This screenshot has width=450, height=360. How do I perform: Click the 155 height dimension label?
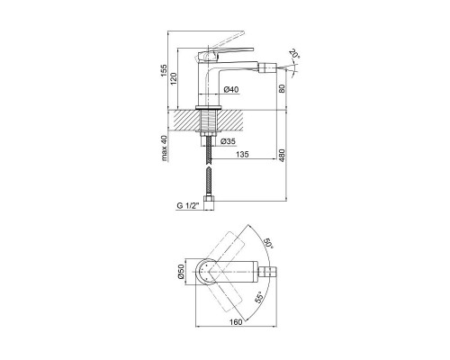164,70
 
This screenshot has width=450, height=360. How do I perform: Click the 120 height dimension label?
174,78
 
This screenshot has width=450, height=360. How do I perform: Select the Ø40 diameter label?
231,89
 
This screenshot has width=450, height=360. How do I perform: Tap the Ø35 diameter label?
228,141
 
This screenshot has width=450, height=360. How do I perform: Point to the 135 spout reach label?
242,154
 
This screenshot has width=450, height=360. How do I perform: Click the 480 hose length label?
283,155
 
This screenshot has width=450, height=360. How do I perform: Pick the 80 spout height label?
282,88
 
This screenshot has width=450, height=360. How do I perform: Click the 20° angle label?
294,54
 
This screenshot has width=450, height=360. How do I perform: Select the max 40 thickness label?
164,148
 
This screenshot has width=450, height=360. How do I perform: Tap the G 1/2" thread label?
188,206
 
